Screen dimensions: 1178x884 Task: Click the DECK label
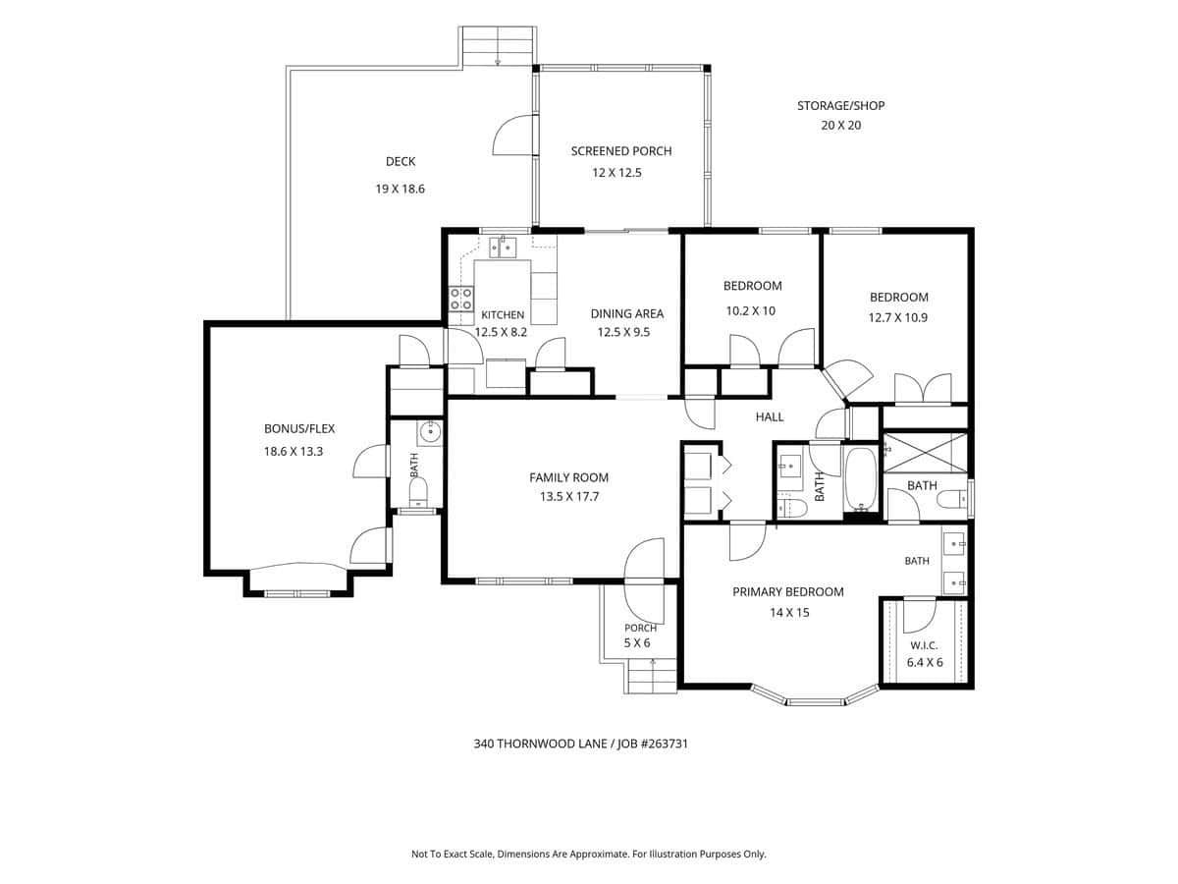[x=401, y=161]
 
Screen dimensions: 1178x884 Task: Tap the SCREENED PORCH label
[x=621, y=151]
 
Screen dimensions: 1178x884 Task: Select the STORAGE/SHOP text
[x=840, y=106]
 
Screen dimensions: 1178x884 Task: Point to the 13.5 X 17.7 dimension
[x=568, y=496]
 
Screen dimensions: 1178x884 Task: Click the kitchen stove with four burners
[x=461, y=299]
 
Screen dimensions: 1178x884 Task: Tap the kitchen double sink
[x=503, y=248]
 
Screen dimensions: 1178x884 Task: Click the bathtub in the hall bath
[x=860, y=480]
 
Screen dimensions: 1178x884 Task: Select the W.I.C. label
[x=924, y=645]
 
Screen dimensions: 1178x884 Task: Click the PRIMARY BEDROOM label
[x=788, y=591]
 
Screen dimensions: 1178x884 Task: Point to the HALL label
[x=769, y=416]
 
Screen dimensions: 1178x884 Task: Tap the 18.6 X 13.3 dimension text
[x=293, y=452]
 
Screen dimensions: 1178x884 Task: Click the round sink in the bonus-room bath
[x=430, y=431]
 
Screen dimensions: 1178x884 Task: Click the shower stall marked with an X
[x=925, y=452]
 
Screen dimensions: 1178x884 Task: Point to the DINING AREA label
[x=627, y=313]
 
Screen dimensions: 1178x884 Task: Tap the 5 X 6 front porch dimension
[x=637, y=642]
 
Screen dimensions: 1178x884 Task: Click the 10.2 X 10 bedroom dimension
[x=750, y=310]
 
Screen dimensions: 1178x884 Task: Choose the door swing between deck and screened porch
[x=514, y=136]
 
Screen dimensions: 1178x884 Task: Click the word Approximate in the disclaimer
[x=599, y=854]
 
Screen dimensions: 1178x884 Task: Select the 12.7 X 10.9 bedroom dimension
[x=898, y=317]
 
